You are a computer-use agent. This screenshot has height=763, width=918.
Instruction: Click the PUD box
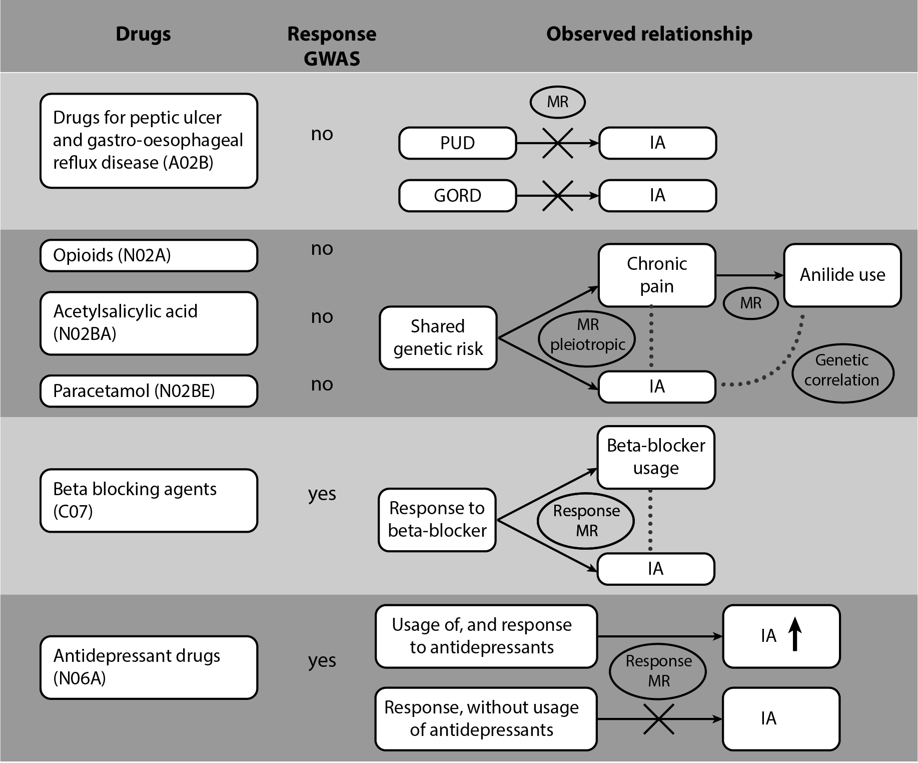coord(457,143)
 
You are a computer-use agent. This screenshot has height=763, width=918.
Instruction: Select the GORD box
coord(457,196)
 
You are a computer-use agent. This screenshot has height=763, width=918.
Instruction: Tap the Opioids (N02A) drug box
coord(149,255)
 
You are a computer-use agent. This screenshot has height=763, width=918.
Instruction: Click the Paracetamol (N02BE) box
coord(149,391)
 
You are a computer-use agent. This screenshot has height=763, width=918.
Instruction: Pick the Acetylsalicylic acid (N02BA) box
coord(149,323)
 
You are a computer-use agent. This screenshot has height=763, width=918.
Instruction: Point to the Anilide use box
coord(842,275)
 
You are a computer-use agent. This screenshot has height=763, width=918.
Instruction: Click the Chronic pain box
coord(656,275)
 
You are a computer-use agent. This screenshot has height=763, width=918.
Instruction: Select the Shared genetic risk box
coord(438,338)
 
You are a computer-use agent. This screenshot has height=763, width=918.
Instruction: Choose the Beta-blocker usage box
coord(655,457)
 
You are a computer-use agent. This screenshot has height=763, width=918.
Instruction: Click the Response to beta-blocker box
coord(437,520)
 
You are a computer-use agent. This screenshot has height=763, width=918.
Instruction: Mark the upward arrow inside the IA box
coord(795,634)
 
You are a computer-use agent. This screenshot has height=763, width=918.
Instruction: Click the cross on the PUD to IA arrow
coord(558,143)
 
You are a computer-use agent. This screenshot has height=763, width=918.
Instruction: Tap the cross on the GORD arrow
coord(558,196)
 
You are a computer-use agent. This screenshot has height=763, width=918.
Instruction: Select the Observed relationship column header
coord(649,34)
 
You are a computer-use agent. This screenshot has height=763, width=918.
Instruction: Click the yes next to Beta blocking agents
coord(322,494)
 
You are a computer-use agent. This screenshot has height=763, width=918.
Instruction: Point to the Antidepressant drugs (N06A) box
coord(149,667)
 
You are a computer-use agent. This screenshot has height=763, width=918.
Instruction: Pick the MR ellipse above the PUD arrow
coord(557,102)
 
